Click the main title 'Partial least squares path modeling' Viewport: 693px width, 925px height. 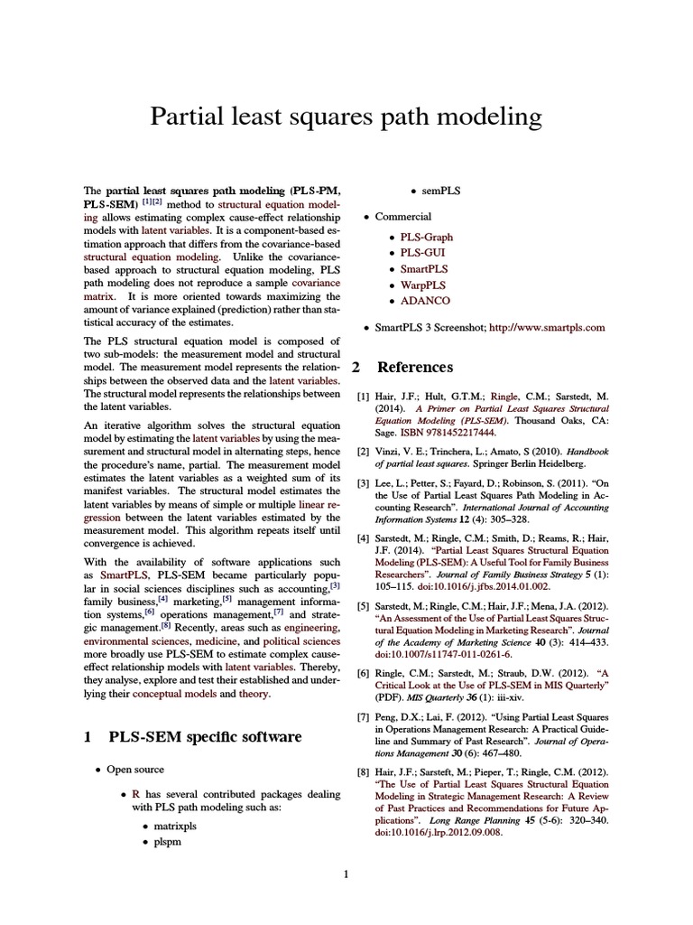[346, 117]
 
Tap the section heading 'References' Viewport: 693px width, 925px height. [414, 368]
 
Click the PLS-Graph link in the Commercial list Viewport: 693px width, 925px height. [427, 236]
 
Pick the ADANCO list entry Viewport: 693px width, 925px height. [425, 301]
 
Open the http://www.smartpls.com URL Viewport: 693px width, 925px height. [547, 327]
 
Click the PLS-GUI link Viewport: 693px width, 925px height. [423, 252]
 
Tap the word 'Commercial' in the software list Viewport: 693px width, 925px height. [403, 217]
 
